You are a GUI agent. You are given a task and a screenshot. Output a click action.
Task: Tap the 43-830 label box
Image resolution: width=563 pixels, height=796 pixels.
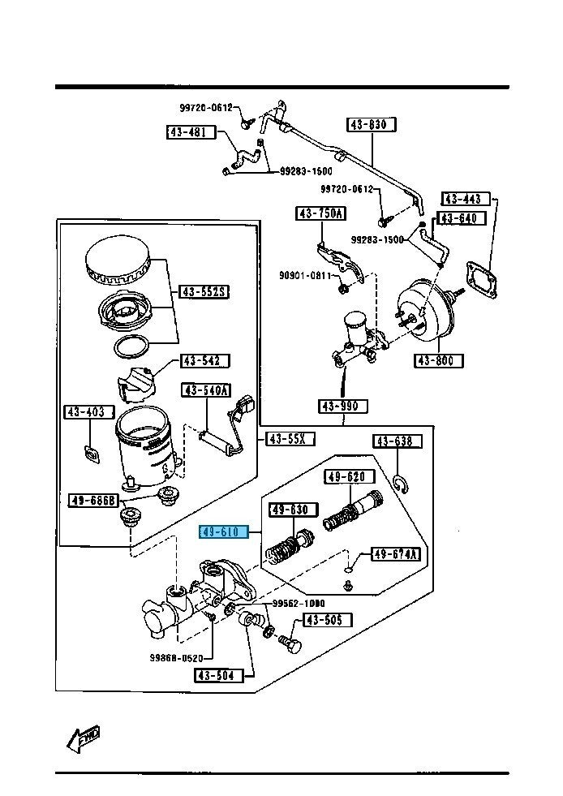click(372, 125)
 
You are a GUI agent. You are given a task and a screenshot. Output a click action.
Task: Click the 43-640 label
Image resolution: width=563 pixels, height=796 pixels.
click(462, 218)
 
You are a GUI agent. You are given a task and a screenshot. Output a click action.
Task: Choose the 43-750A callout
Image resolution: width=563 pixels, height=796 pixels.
click(320, 213)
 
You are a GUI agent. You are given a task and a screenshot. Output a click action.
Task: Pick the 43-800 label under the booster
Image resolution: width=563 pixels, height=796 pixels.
click(439, 361)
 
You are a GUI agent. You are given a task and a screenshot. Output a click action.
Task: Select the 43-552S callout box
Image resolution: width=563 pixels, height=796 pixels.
click(204, 291)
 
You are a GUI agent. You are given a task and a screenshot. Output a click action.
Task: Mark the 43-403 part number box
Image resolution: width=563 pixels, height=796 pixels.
click(84, 412)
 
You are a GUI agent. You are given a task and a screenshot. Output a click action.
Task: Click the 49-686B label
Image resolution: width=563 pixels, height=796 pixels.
click(94, 500)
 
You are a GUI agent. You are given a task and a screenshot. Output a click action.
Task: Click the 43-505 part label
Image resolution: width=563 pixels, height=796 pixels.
click(328, 621)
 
